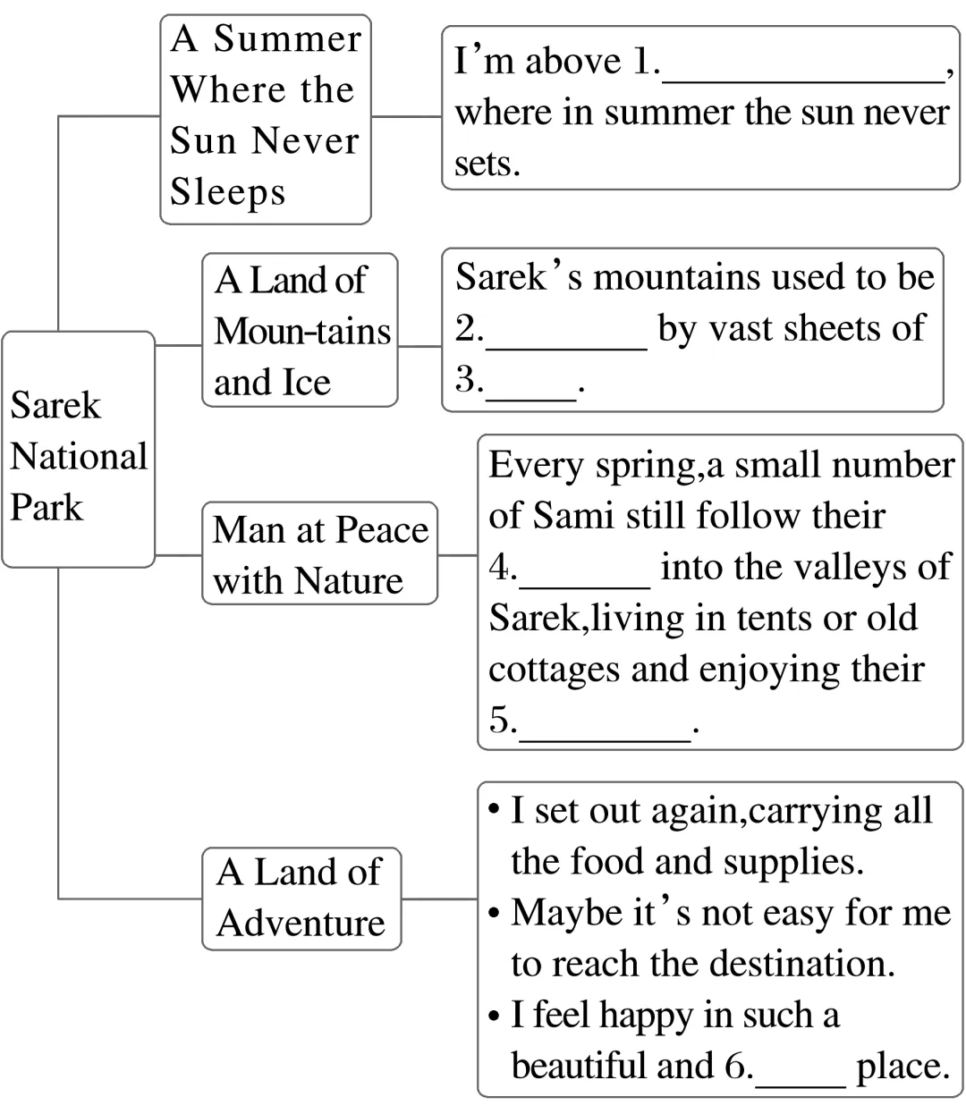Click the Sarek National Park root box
click(x=78, y=450)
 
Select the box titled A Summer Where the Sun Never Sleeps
click(x=265, y=119)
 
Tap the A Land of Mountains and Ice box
click(x=300, y=331)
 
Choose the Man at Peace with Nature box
click(x=319, y=554)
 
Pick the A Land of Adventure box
click(x=301, y=898)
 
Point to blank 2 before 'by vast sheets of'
click(x=565, y=340)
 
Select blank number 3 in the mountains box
click(x=530, y=392)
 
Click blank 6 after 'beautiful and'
click(x=800, y=1076)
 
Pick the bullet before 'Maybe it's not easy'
click(x=494, y=915)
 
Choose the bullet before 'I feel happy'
click(x=494, y=1017)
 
